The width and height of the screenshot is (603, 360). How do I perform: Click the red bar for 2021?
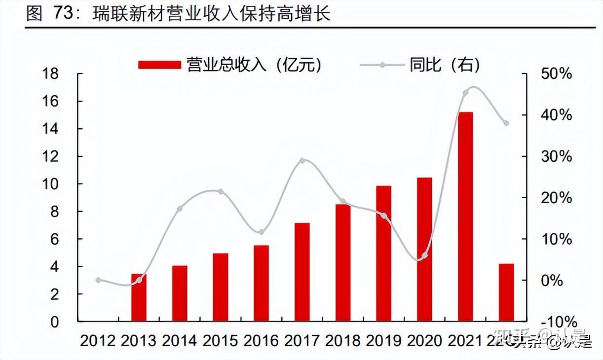(x=465, y=216)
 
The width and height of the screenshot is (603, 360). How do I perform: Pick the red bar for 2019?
(x=383, y=253)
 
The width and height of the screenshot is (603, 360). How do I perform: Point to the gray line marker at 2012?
(x=98, y=280)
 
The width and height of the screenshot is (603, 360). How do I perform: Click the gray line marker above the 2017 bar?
(x=302, y=161)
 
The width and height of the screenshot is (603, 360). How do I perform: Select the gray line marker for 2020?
(x=425, y=255)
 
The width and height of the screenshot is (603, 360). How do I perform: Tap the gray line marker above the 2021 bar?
(x=465, y=93)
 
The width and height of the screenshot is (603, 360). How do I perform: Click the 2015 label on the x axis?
(x=220, y=341)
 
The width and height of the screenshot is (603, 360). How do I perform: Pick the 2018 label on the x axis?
(x=342, y=341)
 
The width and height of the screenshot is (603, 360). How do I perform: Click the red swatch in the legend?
(x=159, y=65)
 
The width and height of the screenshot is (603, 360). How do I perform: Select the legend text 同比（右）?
(x=444, y=65)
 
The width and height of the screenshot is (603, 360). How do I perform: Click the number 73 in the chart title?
(x=64, y=13)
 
